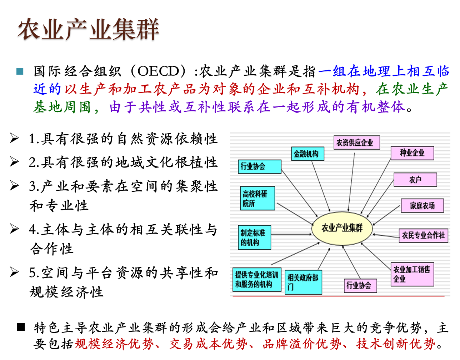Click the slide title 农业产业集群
click(x=88, y=29)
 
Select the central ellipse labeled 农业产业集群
click(x=342, y=228)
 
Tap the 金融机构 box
click(x=307, y=154)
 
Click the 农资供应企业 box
click(x=356, y=142)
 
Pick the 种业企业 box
click(x=412, y=153)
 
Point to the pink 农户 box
click(x=415, y=180)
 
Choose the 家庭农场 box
click(x=422, y=206)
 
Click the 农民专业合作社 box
click(x=423, y=235)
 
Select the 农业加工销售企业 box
click(x=412, y=274)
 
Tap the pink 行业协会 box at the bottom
click(x=360, y=285)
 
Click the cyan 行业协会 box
click(x=260, y=166)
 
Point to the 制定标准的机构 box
click(x=255, y=237)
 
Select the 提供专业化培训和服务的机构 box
click(x=257, y=279)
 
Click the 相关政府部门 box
click(x=303, y=282)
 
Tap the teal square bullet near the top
click(x=20, y=71)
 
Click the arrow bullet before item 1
click(x=15, y=138)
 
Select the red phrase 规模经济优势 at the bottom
click(x=114, y=344)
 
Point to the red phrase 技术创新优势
click(x=395, y=344)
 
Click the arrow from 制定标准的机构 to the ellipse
click(x=291, y=234)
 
